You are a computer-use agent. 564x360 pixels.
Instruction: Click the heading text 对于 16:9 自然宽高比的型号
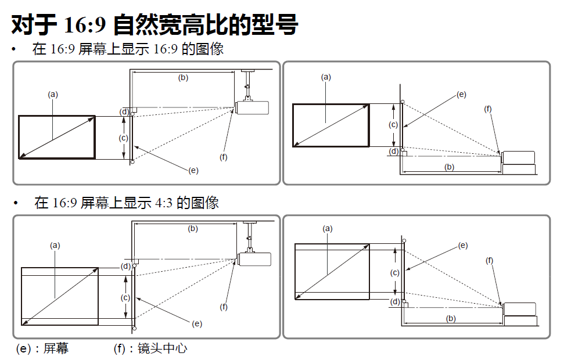coord(155,25)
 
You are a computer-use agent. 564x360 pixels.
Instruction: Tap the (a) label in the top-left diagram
coord(53,93)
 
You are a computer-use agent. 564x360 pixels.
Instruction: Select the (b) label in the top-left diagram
coord(183,77)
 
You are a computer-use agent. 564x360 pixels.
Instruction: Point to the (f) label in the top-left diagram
coord(224,157)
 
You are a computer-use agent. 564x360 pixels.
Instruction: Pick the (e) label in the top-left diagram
coord(193,170)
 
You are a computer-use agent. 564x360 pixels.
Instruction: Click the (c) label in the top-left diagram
coord(123,138)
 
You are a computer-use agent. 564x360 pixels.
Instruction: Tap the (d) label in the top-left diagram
coord(124,111)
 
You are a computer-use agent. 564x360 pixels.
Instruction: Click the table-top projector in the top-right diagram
coord(518,163)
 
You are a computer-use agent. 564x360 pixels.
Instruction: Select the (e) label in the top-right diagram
coord(461,94)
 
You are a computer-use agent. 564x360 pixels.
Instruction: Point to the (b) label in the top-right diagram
coord(449,167)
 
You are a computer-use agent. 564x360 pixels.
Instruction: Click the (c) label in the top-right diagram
coord(393,124)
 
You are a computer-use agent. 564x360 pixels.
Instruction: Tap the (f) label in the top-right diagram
coord(488,109)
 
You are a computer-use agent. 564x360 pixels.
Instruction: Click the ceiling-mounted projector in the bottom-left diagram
coord(254,259)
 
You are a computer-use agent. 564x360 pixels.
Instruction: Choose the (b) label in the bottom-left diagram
coord(193,229)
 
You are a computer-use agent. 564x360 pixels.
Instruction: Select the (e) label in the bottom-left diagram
coord(197,323)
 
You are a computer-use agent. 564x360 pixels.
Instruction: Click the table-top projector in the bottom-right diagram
coord(520,314)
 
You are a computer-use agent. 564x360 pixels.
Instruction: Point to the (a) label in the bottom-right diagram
coord(328,229)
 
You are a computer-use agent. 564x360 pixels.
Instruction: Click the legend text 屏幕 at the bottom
coord(56,348)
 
